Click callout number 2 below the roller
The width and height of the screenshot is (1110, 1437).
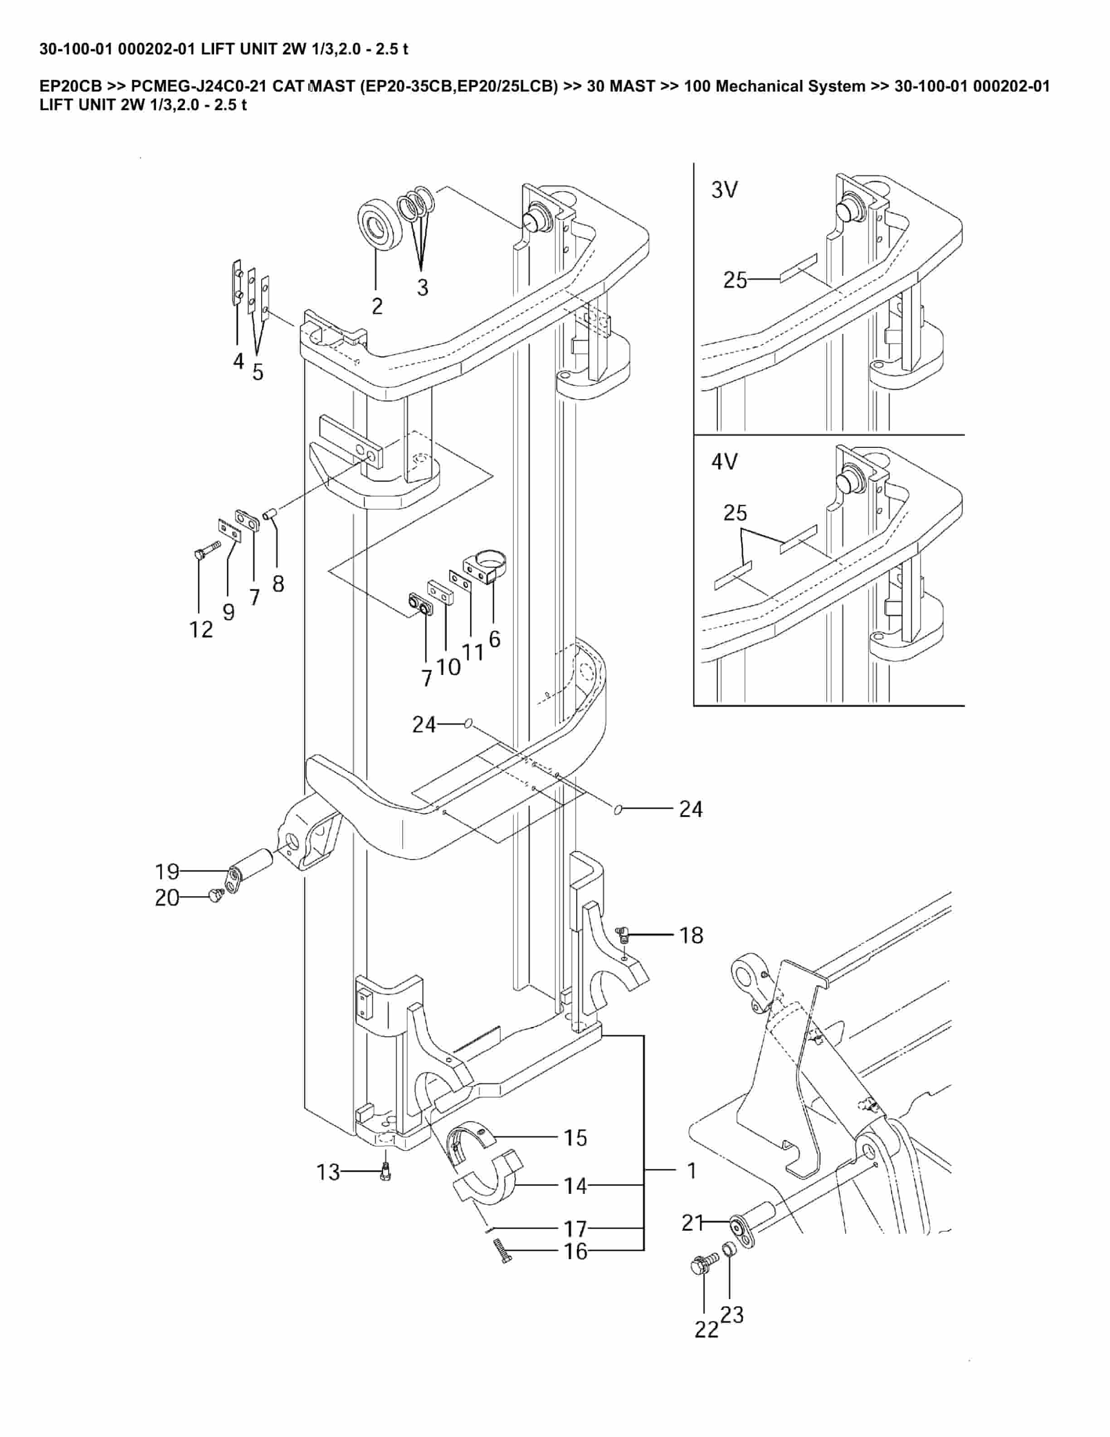[377, 307]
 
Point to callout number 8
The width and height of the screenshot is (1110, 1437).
[278, 584]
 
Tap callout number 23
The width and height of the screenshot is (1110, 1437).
[732, 1315]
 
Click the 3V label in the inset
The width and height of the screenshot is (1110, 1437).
[724, 190]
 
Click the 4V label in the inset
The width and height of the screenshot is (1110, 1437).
[724, 462]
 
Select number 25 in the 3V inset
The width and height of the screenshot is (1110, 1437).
[735, 280]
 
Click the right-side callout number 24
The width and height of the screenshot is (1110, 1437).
[691, 809]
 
